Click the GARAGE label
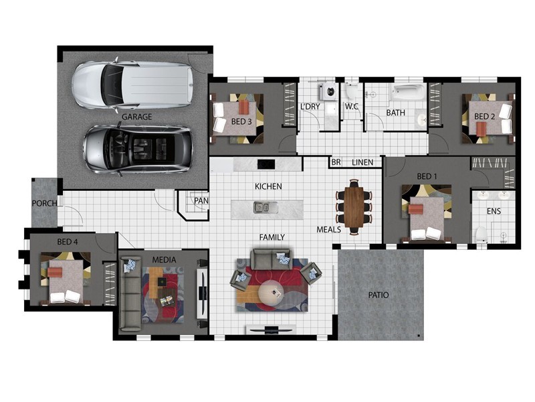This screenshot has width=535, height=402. [x=136, y=117]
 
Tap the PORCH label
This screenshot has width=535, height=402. [x=44, y=204]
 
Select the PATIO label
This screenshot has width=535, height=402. [x=379, y=295]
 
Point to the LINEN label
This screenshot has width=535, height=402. [x=362, y=162]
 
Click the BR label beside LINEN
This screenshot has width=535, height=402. [x=336, y=162]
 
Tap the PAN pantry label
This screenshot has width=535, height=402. [x=201, y=200]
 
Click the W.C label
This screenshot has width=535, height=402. [x=351, y=107]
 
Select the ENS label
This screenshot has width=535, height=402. [x=494, y=211]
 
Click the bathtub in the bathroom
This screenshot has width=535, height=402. [x=409, y=92]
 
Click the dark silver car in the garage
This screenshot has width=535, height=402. [x=138, y=149]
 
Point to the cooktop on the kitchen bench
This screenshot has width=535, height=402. [x=265, y=164]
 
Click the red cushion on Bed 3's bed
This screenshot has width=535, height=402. [x=243, y=107]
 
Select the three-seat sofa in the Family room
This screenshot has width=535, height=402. [x=271, y=259]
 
